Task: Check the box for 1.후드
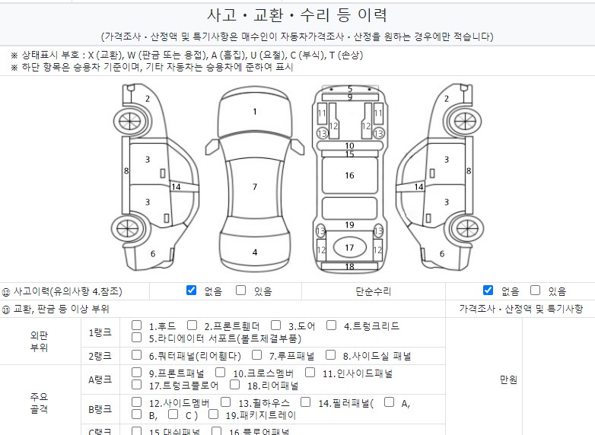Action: (x=137, y=325)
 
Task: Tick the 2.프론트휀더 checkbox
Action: (x=192, y=325)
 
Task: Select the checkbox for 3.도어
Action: (x=276, y=325)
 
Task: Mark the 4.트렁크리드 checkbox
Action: (x=332, y=325)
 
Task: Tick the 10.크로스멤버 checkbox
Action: (x=221, y=373)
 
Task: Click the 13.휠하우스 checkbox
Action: (x=227, y=402)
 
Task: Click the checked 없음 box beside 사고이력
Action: (x=192, y=291)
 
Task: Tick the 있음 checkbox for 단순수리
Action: (x=536, y=291)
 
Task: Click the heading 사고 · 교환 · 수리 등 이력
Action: (x=297, y=14)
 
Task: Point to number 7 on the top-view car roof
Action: (x=255, y=187)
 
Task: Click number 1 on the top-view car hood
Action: (x=255, y=112)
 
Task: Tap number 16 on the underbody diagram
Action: (x=349, y=176)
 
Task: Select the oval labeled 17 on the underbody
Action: (x=349, y=248)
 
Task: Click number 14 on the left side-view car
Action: (x=176, y=187)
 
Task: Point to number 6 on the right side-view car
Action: (x=442, y=254)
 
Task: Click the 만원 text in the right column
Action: (x=508, y=379)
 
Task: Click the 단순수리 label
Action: (x=373, y=291)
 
